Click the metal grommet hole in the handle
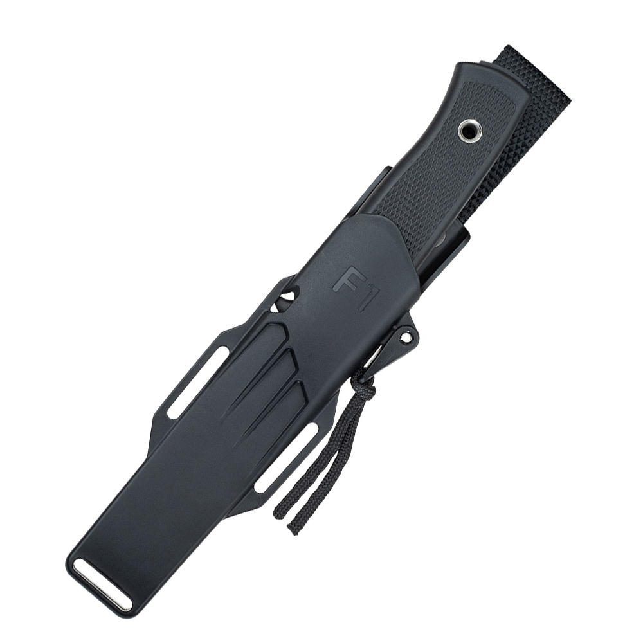(x=470, y=131)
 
